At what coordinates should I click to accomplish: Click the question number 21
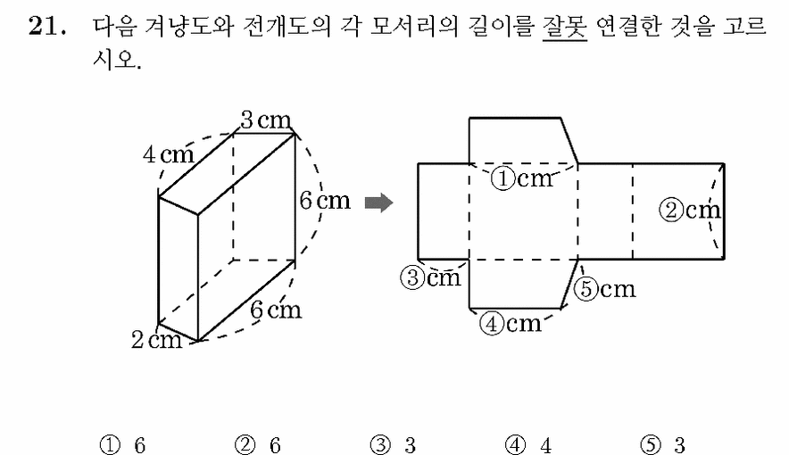[46, 26]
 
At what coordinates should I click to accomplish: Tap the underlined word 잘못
[565, 27]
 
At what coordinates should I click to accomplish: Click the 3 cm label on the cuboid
[266, 120]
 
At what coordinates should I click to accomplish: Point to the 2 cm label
[156, 340]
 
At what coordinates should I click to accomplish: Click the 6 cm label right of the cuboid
[325, 201]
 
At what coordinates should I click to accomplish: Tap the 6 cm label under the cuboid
[276, 310]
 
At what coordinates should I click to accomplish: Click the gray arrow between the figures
[378, 203]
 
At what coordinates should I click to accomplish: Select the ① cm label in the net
[522, 179]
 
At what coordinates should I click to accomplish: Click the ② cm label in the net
[690, 210]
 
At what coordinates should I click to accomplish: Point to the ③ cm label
[431, 277]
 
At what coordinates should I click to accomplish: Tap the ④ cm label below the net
[511, 323]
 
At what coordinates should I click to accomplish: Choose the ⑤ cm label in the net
[605, 289]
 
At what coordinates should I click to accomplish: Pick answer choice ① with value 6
[123, 445]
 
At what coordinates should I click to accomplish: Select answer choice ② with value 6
[258, 445]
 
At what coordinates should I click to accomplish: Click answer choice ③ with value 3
[393, 445]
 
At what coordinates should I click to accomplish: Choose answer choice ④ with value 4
[528, 445]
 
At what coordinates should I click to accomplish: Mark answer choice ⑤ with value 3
[662, 445]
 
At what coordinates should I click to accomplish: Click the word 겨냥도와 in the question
[188, 26]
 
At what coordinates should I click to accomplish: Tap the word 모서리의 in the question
[414, 26]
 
